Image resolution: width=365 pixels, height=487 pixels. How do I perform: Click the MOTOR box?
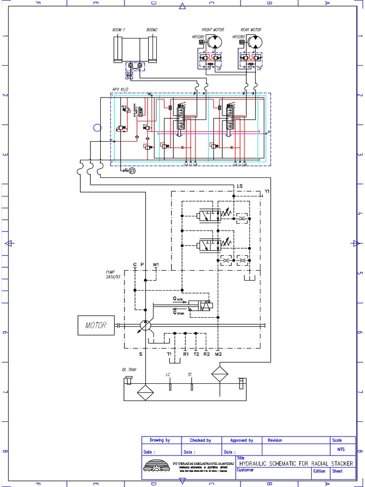coord(96,326)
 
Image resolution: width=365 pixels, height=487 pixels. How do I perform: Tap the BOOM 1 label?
coord(118,30)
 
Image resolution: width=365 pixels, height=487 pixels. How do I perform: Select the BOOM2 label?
coord(152,30)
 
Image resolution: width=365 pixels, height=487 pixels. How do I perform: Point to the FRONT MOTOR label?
coord(212,30)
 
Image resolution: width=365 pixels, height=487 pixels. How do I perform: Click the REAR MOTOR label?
coord(251,30)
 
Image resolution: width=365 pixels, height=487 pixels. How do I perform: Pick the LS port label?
coord(240,186)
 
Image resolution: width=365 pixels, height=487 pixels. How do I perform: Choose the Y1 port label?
coord(267,192)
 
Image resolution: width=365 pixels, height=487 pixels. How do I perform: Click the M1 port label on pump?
coord(156,264)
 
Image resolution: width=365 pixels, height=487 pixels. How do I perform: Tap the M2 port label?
coord(218,354)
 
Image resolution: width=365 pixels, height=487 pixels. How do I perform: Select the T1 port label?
coord(169,354)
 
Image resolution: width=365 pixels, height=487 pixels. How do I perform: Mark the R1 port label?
coord(186,354)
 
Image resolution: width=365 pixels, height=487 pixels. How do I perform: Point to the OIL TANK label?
coord(129,369)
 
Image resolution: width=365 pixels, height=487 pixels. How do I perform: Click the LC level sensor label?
coord(168,375)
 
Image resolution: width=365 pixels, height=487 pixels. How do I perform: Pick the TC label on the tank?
coord(190,375)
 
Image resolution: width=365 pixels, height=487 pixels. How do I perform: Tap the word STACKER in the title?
coord(339,463)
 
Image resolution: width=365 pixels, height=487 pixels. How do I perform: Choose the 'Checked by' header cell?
coord(200,440)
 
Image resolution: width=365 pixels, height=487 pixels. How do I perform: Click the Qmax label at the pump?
coord(178,312)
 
